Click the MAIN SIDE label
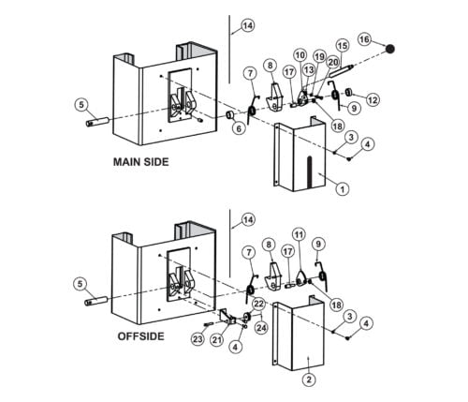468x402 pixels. [140, 162]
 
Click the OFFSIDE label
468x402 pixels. [140, 336]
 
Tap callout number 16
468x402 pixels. [364, 39]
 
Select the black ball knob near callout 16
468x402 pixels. [389, 49]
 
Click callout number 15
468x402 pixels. [343, 46]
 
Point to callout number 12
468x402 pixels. [373, 100]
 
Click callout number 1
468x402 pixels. [343, 189]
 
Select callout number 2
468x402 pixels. [309, 380]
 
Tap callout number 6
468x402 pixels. [239, 128]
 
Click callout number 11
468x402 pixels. [299, 234]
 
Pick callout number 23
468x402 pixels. [197, 339]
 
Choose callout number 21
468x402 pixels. [217, 339]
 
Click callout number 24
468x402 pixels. [261, 327]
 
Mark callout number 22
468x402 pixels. [258, 304]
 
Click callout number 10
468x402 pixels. [300, 55]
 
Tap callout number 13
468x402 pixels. [309, 70]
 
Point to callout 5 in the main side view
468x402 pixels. [81, 104]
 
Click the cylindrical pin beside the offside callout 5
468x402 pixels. [96, 301]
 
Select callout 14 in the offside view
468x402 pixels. [248, 219]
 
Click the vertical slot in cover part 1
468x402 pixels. [309, 171]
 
